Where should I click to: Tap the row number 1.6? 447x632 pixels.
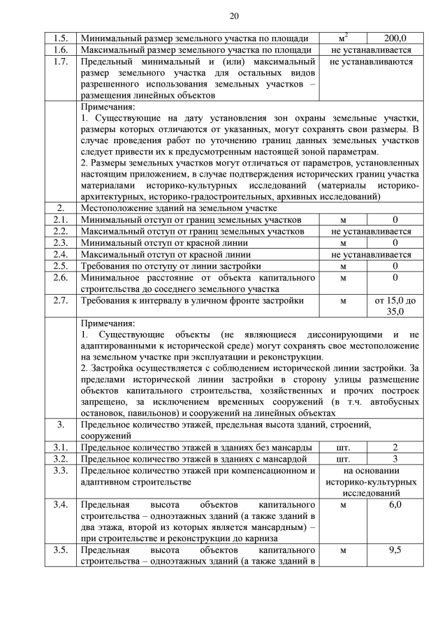pos(61,50)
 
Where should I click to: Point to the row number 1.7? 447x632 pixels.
pos(61,62)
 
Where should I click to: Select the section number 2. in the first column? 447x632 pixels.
pos(61,208)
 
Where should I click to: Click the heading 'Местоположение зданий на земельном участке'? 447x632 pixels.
pos(178,208)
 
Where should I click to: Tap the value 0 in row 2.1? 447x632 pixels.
pos(395,220)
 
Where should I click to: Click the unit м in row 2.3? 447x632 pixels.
pos(343,243)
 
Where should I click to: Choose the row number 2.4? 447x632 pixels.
pos(61,254)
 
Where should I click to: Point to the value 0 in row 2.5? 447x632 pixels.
pos(395,266)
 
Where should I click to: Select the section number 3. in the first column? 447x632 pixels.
pos(61,424)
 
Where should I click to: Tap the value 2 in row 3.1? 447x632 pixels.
pos(395,448)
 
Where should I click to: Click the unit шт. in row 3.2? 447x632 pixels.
pos(343,460)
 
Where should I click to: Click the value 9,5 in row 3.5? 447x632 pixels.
pos(395,550)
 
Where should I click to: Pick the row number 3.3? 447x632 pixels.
pos(61,471)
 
